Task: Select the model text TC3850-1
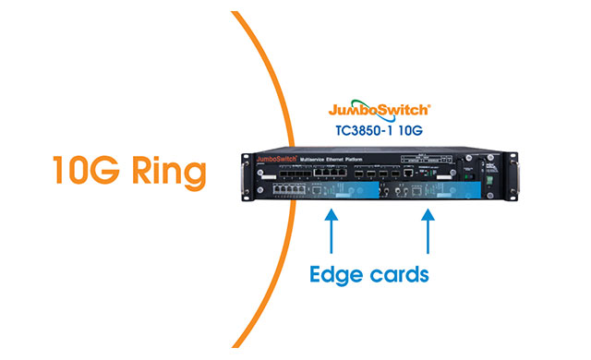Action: [364, 130]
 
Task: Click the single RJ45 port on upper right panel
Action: [418, 173]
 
